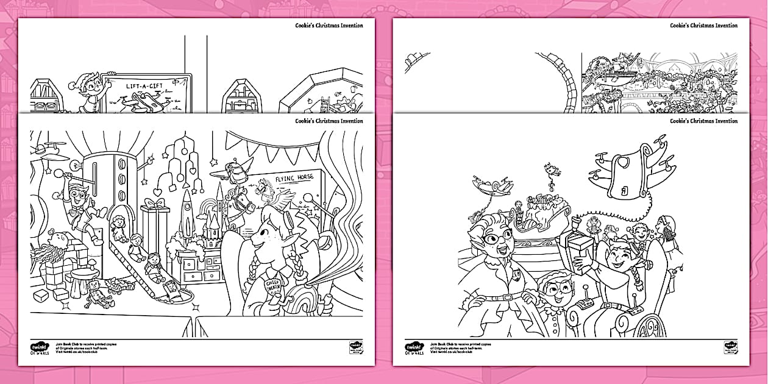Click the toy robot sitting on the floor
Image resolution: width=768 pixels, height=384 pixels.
pos(94,293)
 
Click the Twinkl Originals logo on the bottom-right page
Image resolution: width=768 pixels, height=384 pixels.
pos(414,347)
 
